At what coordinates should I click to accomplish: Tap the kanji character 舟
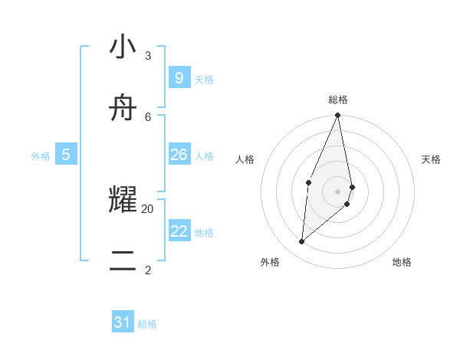click(123, 110)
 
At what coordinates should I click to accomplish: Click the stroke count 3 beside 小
click(148, 56)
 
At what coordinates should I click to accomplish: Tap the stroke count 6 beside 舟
click(148, 116)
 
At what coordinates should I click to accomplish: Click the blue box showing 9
click(179, 77)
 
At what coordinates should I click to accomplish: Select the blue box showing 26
click(179, 155)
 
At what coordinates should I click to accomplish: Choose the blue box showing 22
click(179, 231)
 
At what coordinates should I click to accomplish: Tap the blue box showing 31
click(123, 322)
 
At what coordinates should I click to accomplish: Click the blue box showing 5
click(66, 155)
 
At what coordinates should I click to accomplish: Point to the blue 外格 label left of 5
click(41, 156)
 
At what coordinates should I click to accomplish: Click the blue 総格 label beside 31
click(147, 324)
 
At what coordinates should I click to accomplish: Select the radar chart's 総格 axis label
click(338, 100)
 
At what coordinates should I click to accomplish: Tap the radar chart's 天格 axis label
click(431, 159)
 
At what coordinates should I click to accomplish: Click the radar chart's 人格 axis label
click(245, 159)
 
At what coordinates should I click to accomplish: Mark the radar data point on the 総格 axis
click(338, 116)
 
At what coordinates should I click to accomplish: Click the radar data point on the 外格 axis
click(302, 241)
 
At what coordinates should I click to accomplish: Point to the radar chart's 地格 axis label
click(402, 262)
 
